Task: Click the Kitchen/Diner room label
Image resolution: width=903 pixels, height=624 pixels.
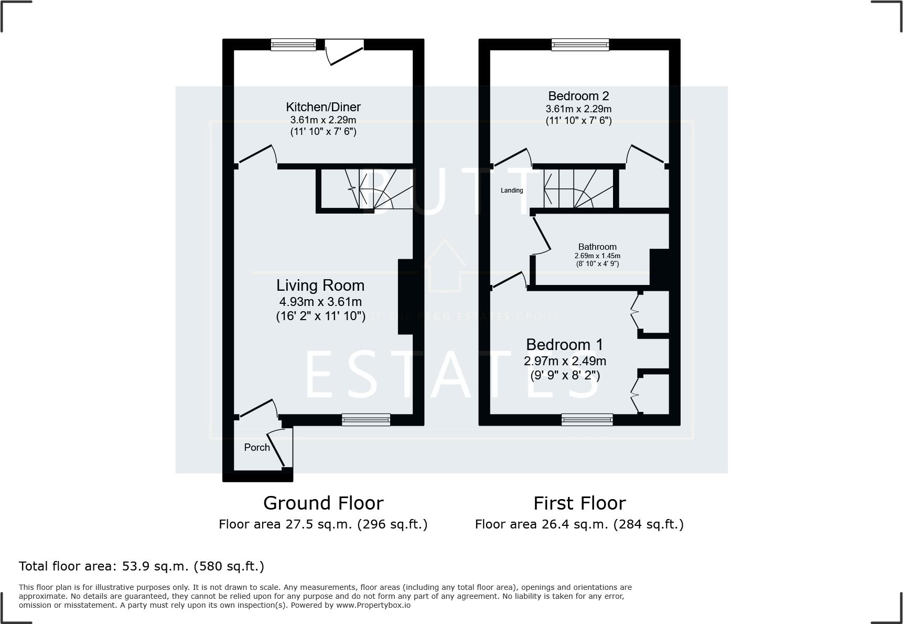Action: [x=323, y=107]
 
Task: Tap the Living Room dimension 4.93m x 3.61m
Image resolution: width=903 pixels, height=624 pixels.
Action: [x=320, y=302]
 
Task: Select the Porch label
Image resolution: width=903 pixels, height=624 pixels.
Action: [x=257, y=447]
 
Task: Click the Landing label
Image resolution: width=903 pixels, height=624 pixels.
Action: [x=511, y=191]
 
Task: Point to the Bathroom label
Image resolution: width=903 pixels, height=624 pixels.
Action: [x=597, y=247]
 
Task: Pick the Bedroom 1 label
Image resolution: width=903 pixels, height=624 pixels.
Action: [x=564, y=345]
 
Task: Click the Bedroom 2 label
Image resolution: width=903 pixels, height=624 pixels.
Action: [x=578, y=96]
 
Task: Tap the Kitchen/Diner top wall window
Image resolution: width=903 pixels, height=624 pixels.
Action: [x=293, y=45]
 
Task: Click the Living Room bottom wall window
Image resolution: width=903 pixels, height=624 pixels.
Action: [x=365, y=419]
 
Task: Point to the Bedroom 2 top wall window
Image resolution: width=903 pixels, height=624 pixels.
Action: [x=580, y=45]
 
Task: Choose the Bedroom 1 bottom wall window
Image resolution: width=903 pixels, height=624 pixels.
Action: [x=587, y=419]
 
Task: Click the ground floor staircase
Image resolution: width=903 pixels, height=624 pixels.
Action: [x=378, y=189]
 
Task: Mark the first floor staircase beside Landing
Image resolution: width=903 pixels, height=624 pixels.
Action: [x=577, y=189]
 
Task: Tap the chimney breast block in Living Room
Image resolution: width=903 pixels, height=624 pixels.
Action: [x=405, y=297]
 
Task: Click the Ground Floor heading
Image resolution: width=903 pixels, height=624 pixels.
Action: [x=323, y=503]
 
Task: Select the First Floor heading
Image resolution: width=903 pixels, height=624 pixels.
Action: [x=579, y=503]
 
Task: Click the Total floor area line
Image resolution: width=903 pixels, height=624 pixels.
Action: [x=141, y=566]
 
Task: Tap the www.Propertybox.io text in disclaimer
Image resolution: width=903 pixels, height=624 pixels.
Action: [x=373, y=605]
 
